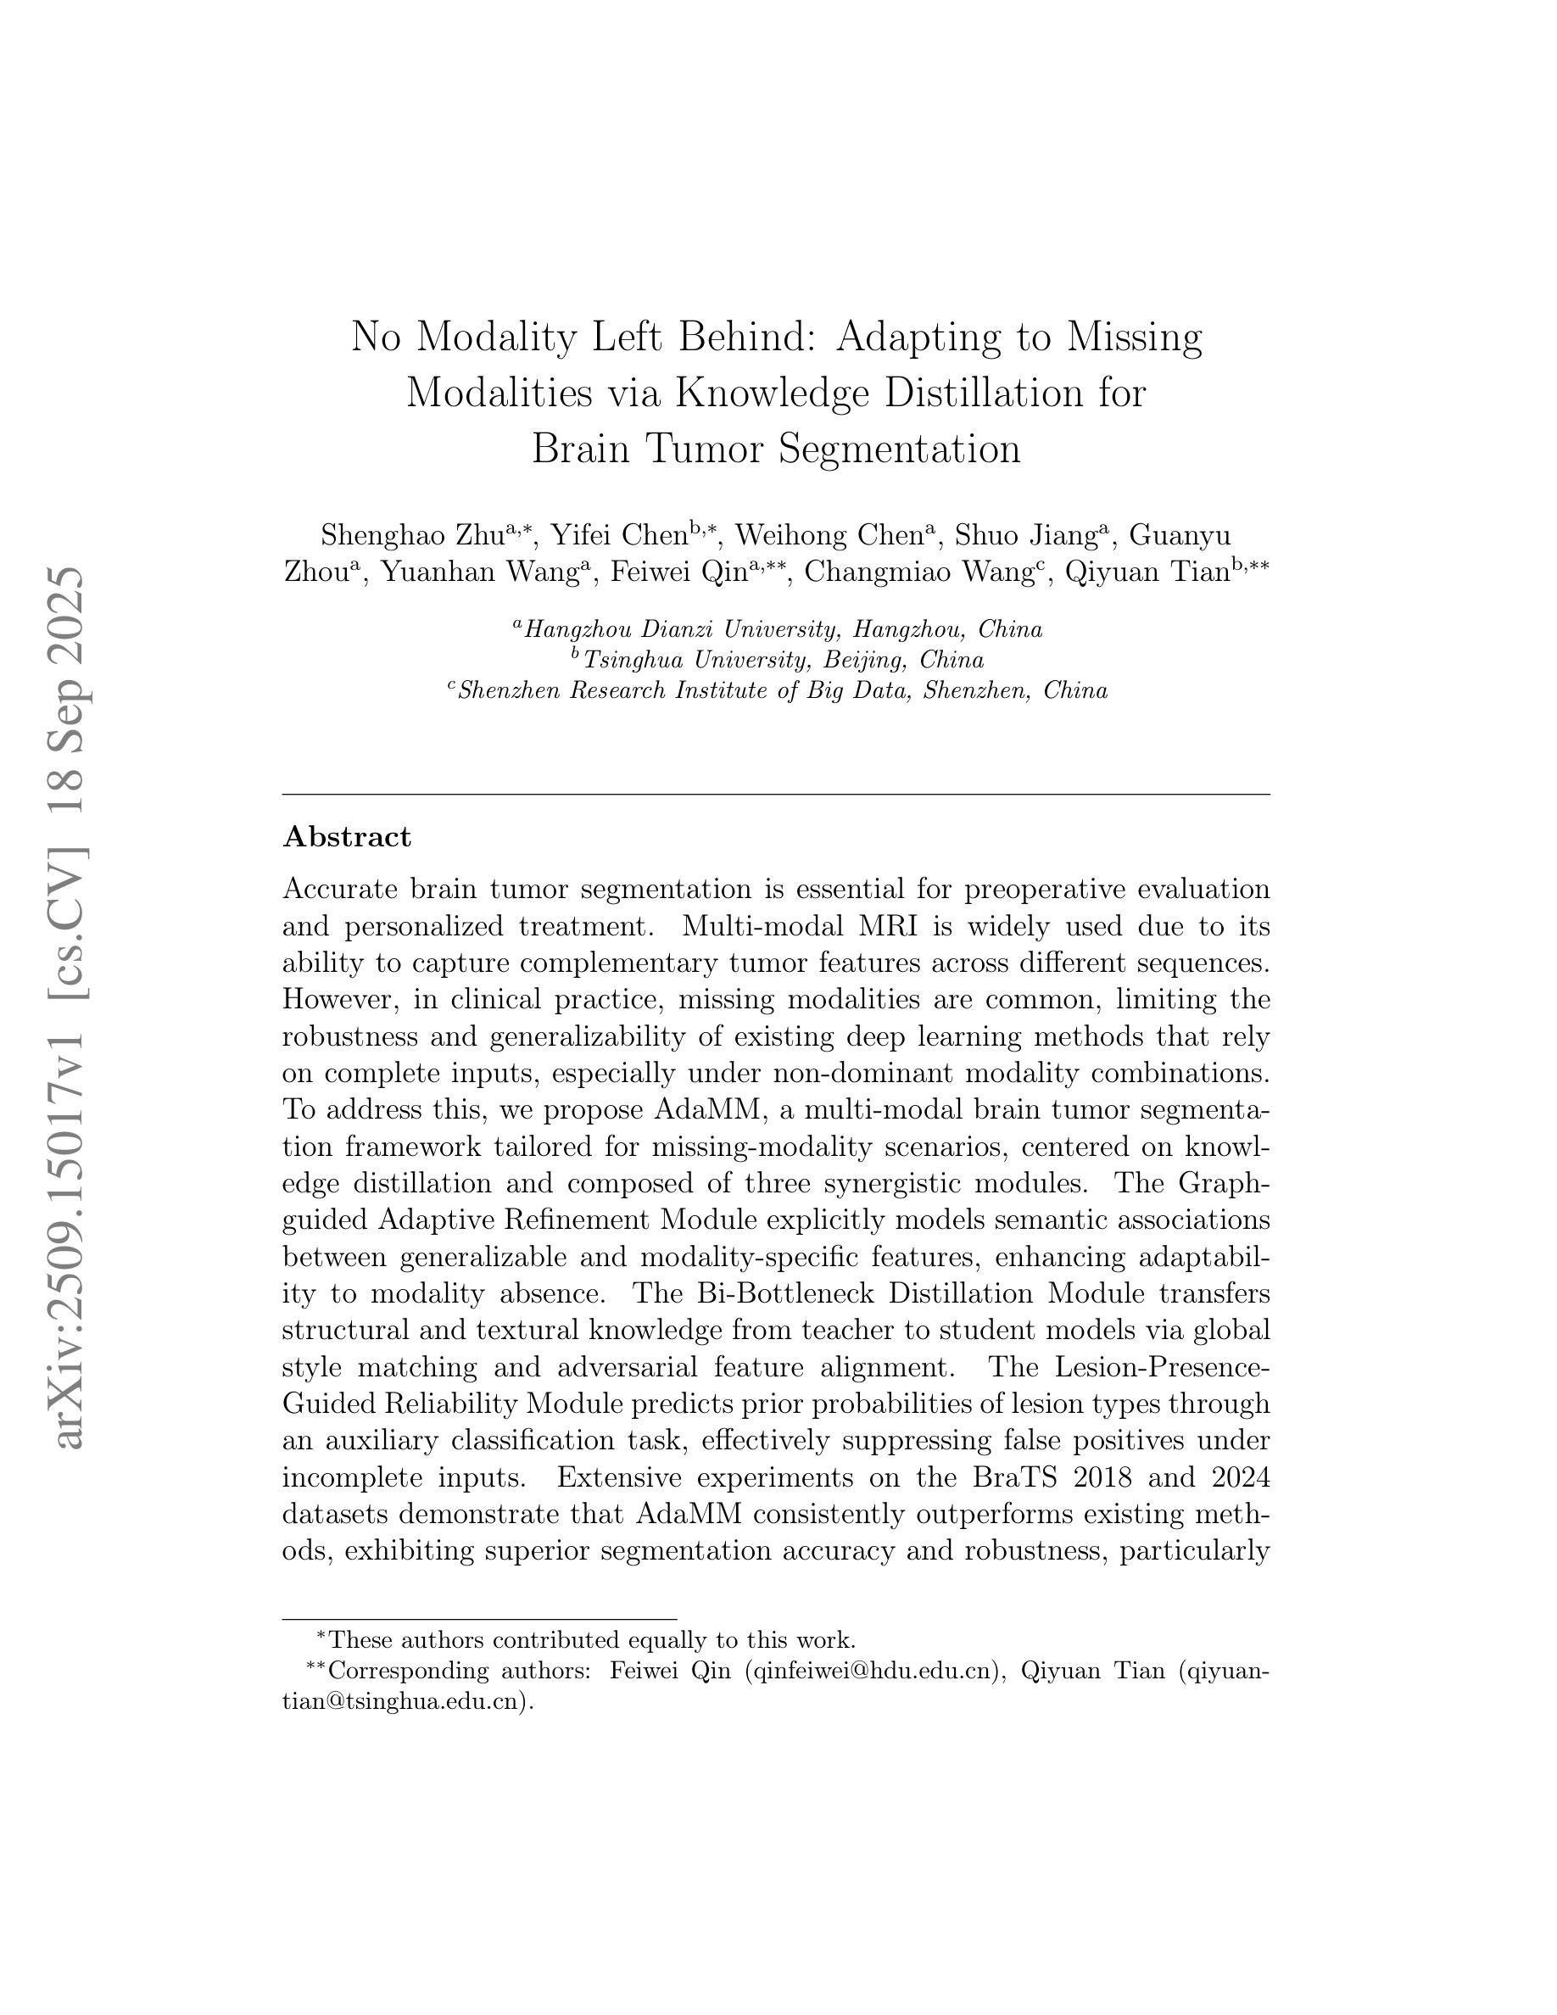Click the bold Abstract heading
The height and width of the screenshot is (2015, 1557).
tap(346, 837)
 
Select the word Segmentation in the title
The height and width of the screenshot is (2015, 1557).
tap(899, 449)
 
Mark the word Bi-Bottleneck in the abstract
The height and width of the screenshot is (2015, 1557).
tap(785, 1293)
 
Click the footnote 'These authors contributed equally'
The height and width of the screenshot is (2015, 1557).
tap(590, 1639)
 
